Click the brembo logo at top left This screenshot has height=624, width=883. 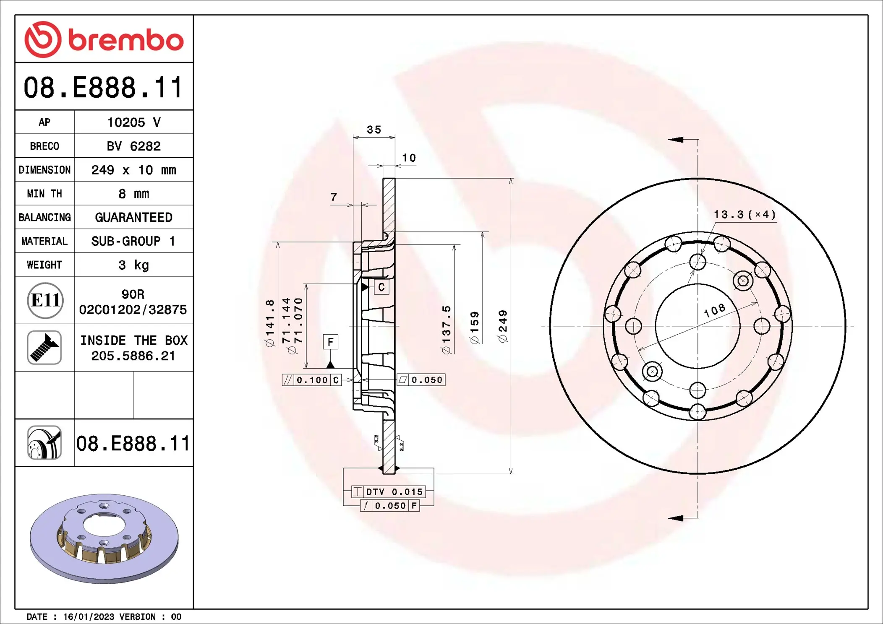pos(104,39)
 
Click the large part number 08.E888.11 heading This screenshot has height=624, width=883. pos(103,88)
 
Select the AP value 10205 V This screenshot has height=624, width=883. pos(133,122)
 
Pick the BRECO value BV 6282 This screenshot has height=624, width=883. pos(133,146)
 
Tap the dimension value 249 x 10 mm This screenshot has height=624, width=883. pos(133,170)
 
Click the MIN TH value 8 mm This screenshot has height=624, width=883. pos(133,194)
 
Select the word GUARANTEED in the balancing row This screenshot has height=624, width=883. pos(133,217)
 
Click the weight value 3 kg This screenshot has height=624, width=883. pos(133,265)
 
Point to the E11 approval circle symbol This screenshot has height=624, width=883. pos(45,300)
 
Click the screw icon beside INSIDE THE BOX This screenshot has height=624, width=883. pos(44,348)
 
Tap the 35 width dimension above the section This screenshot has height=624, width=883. pos(374,130)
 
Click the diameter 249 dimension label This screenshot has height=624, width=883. pos(503,326)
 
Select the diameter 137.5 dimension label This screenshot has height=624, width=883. pos(447,330)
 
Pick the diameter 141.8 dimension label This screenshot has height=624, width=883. pos(269,323)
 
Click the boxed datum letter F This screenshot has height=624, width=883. pos(330,342)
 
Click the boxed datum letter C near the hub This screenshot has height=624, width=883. pos(381,287)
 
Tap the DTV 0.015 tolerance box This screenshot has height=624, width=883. pos(389,491)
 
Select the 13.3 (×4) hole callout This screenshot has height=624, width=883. pos(745,215)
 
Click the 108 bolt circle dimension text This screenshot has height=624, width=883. pos(714,311)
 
